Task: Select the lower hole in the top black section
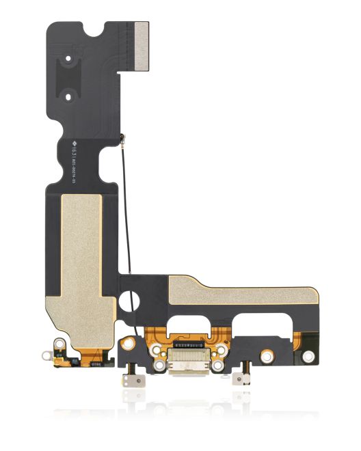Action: (68, 97)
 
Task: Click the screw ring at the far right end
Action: (310, 355)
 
